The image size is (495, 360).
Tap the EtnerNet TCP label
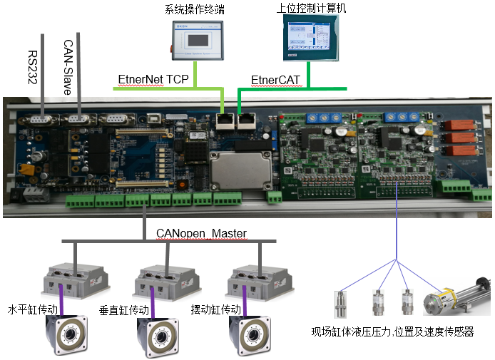[x=153, y=79]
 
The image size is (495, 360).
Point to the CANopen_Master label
[x=202, y=233]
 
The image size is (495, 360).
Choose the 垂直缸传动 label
[x=122, y=310]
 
